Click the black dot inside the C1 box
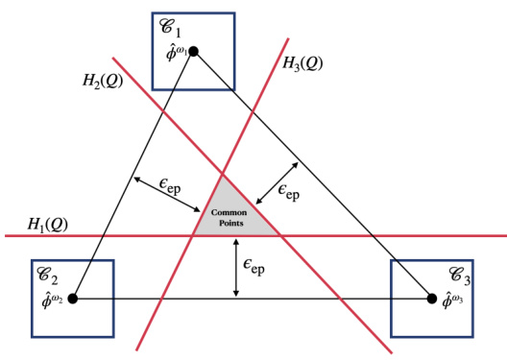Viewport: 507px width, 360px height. point(193,51)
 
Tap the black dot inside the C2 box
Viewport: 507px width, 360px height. point(72,299)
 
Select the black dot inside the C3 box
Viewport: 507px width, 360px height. point(431,299)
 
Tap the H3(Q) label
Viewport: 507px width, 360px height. point(302,63)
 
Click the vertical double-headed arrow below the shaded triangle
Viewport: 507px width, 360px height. point(236,266)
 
